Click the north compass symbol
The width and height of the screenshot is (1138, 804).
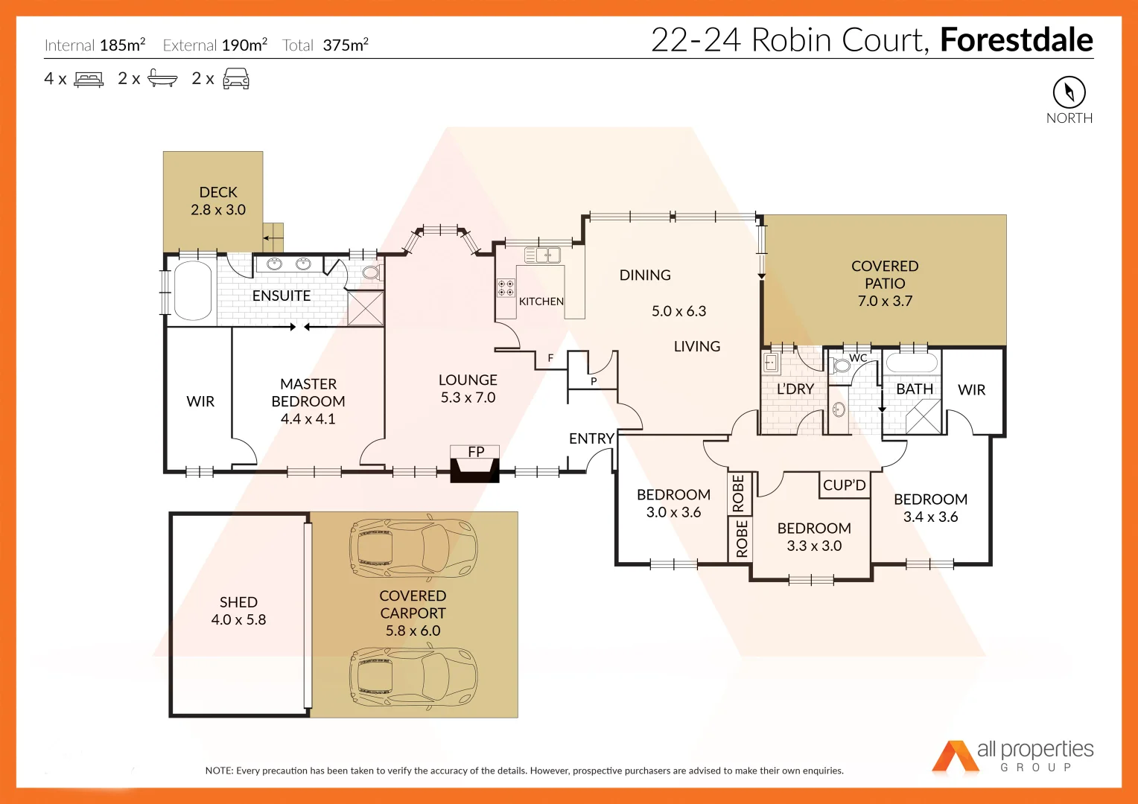pyautogui.click(x=1069, y=92)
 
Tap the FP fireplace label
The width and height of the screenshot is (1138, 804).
pyautogui.click(x=476, y=452)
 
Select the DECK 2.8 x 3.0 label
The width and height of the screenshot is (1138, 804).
pyautogui.click(x=218, y=201)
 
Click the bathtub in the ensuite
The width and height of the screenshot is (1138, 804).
pyautogui.click(x=192, y=290)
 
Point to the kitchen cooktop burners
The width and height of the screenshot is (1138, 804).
pyautogui.click(x=506, y=288)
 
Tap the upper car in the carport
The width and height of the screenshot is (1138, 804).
pyautogui.click(x=413, y=549)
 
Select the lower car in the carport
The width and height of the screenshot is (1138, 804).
pyautogui.click(x=413, y=678)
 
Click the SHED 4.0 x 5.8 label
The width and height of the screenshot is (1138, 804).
pyautogui.click(x=238, y=610)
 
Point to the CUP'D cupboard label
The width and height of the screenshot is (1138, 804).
pyautogui.click(x=844, y=485)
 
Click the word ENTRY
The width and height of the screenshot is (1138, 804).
pyautogui.click(x=591, y=438)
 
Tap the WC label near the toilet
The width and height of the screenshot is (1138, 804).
pyautogui.click(x=858, y=358)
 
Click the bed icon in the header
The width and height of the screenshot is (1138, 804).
pyautogui.click(x=89, y=79)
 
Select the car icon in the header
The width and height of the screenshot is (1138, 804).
pyautogui.click(x=236, y=79)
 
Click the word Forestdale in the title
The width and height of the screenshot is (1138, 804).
pyautogui.click(x=1016, y=40)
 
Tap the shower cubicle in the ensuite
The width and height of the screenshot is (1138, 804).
pyautogui.click(x=366, y=308)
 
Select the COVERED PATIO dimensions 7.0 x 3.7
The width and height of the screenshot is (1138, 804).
pyautogui.click(x=885, y=301)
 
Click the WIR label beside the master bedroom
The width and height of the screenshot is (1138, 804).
pyautogui.click(x=200, y=401)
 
